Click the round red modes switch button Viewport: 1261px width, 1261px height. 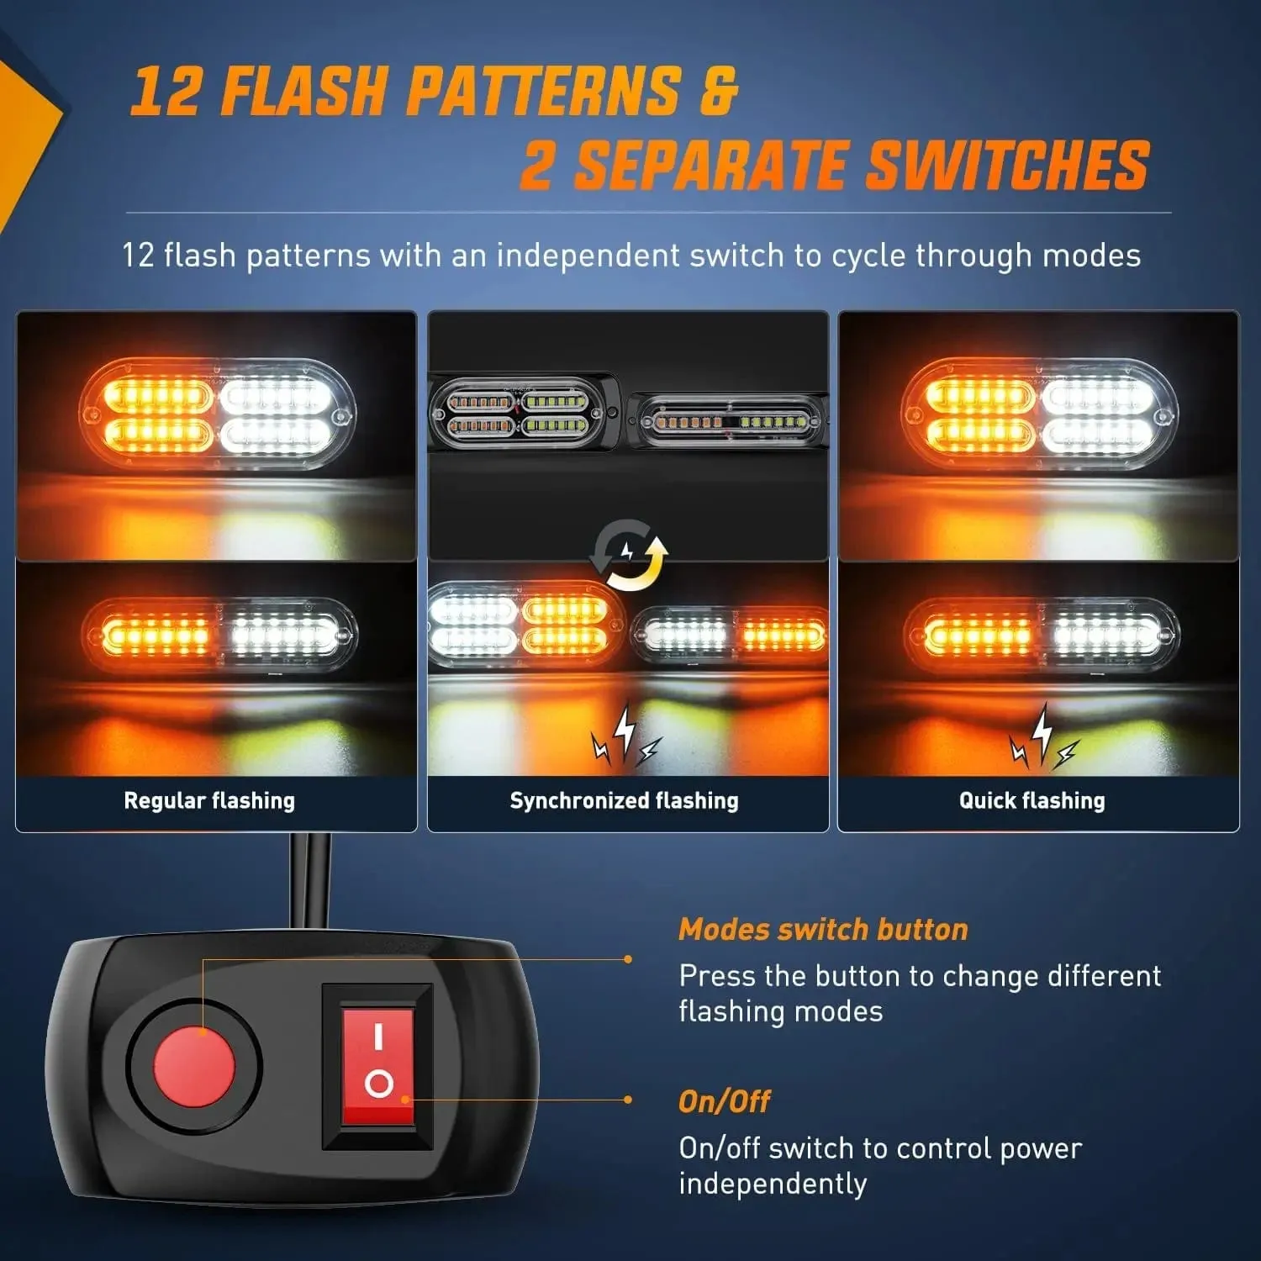194,1066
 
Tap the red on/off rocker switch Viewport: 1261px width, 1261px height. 377,1066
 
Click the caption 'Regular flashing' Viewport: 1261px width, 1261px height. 209,800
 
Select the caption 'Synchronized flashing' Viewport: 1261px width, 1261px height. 624,800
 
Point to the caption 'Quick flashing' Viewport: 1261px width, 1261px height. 1031,800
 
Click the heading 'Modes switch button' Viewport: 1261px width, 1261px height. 823,929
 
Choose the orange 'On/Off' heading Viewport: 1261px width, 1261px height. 724,1101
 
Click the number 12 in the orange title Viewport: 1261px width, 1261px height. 166,90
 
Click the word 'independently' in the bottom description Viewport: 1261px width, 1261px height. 773,1184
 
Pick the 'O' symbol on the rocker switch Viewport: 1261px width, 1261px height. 379,1084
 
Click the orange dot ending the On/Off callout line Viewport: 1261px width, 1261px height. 628,1100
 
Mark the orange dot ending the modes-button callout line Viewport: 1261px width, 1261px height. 628,959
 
